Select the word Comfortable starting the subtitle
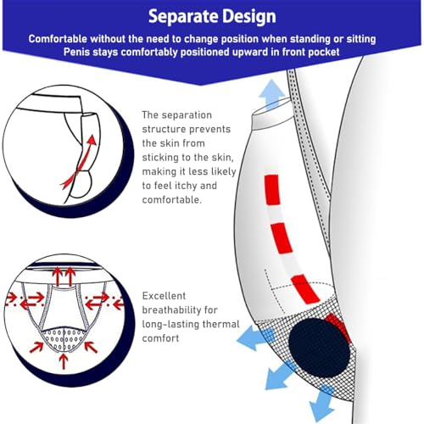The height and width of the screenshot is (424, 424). click(62, 40)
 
